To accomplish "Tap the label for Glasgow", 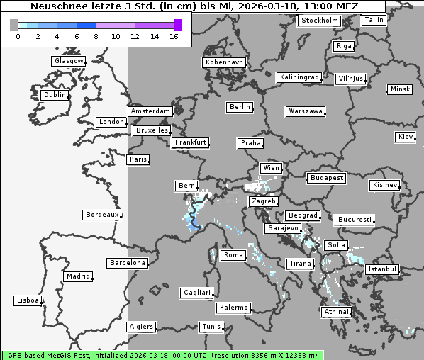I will pos(68,61).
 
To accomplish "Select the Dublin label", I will pos(54,95).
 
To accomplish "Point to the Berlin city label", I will pos(240,107).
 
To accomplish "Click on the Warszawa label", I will pos(305,111).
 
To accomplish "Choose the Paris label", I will pos(138,159).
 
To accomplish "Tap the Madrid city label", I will pos(77,276).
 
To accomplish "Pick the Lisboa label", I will pos(28,300).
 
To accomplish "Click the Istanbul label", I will pos(382,270).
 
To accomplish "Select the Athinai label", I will pos(336,312).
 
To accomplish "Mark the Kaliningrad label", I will pos(299,77).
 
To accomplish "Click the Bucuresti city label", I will pos(354,220).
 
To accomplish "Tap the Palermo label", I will pos(233,308).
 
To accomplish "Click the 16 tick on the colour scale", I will pos(174,36).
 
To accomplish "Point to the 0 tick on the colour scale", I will pos(18,36).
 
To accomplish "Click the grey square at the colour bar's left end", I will pos(14,25).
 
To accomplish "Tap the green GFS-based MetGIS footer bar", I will pos(162,355).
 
